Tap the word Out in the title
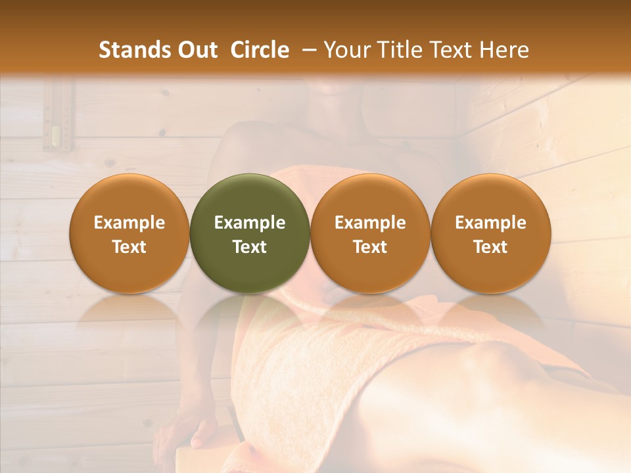pos(195,50)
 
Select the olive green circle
pos(250,234)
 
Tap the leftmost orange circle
pos(129,234)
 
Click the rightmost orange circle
pos(491,234)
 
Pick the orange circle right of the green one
pos(370,234)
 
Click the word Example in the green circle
pos(250,223)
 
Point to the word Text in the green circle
pos(250,247)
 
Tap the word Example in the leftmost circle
pos(129,223)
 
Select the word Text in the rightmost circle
pos(491,247)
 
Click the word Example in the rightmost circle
pos(491,223)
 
